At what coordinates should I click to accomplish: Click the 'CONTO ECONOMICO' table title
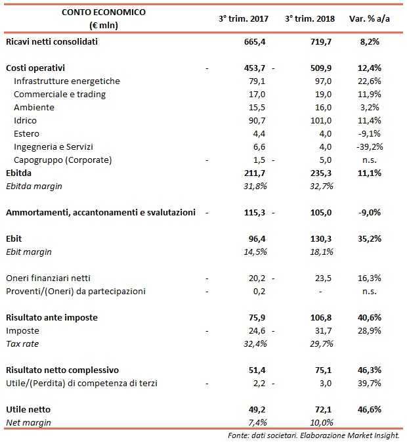104,12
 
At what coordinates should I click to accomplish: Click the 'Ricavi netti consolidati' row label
51,42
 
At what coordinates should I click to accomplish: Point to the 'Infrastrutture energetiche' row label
67,81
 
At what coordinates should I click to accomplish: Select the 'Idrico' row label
25,121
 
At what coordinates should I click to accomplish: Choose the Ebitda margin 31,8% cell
253,187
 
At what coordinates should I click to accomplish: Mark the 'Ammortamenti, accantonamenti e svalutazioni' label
100,213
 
